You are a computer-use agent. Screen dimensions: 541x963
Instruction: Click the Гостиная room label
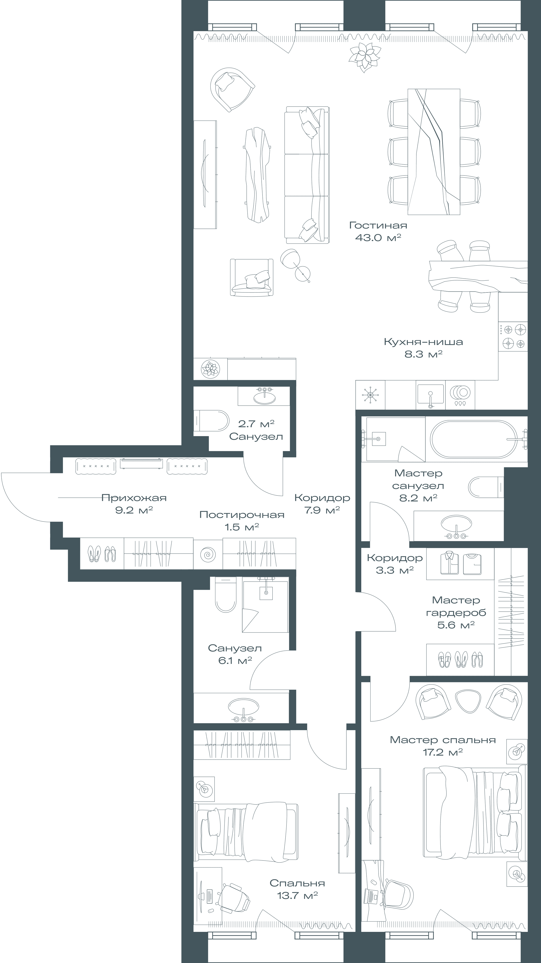tap(378, 226)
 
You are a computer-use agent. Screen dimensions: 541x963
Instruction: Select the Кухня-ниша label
tap(423, 342)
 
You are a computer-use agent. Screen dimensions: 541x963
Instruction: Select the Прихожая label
tap(134, 498)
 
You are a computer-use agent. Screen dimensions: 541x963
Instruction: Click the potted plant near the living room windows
tap(365, 57)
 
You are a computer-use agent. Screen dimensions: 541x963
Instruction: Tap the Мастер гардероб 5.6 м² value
tap(456, 625)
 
